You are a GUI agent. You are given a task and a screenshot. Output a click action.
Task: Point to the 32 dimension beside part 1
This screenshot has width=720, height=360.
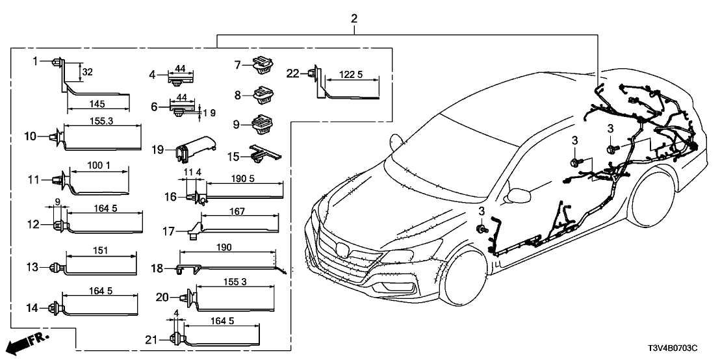(x=88, y=73)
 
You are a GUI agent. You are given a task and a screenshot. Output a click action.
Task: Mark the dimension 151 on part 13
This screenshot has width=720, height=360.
(x=102, y=250)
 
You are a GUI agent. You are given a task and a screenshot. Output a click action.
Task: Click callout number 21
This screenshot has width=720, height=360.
(x=151, y=339)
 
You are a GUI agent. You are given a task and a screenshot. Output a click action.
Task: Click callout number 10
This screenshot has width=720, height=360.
(x=30, y=136)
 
